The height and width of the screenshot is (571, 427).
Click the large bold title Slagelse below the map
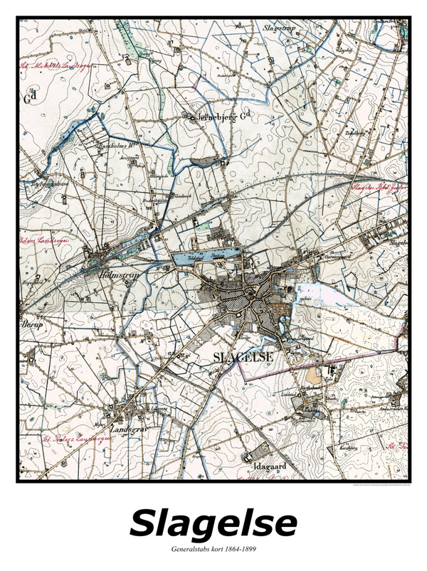coord(213,523)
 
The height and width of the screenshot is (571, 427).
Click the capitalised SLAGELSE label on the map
coord(238,359)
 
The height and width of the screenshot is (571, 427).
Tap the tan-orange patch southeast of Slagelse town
coord(314,373)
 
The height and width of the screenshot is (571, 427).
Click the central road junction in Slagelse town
coord(248,292)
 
